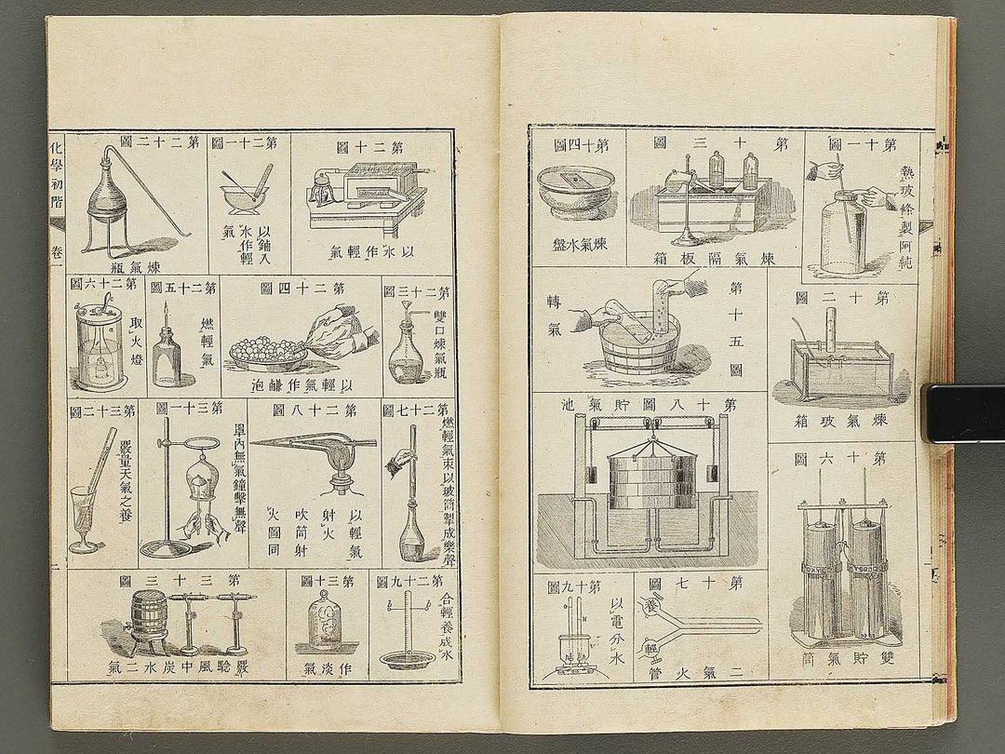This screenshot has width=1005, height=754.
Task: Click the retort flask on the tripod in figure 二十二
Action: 109,200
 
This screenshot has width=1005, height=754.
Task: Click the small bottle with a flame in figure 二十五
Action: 167,355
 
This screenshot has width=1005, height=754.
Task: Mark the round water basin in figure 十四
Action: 575,192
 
